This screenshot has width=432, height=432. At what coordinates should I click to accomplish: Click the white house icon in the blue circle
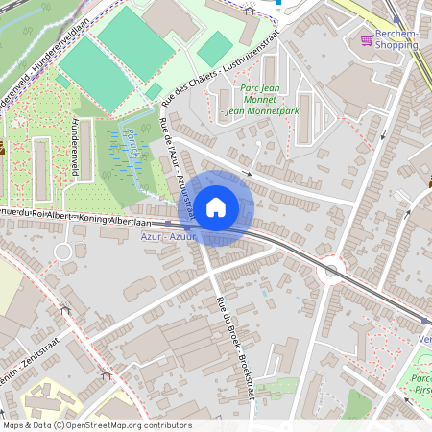216,206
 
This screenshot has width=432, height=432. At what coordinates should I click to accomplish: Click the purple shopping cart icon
366,39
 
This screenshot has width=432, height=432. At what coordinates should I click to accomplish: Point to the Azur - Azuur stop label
168,236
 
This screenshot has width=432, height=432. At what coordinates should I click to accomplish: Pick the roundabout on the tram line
331,271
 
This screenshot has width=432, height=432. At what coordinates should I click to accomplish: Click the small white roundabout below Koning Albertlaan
63,252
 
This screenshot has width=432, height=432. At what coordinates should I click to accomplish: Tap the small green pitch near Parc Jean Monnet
215,48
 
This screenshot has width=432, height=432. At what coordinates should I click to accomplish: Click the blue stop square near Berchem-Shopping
277,2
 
